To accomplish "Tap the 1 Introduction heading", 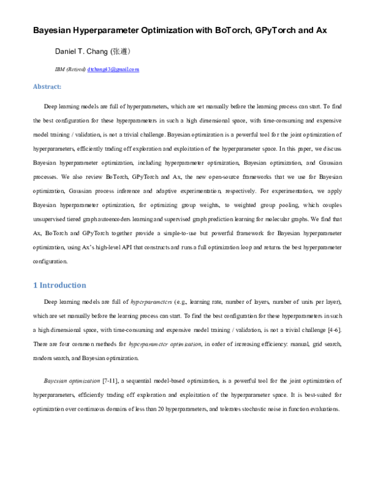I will click(x=59, y=285).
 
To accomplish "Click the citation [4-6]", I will click(x=332, y=329).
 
